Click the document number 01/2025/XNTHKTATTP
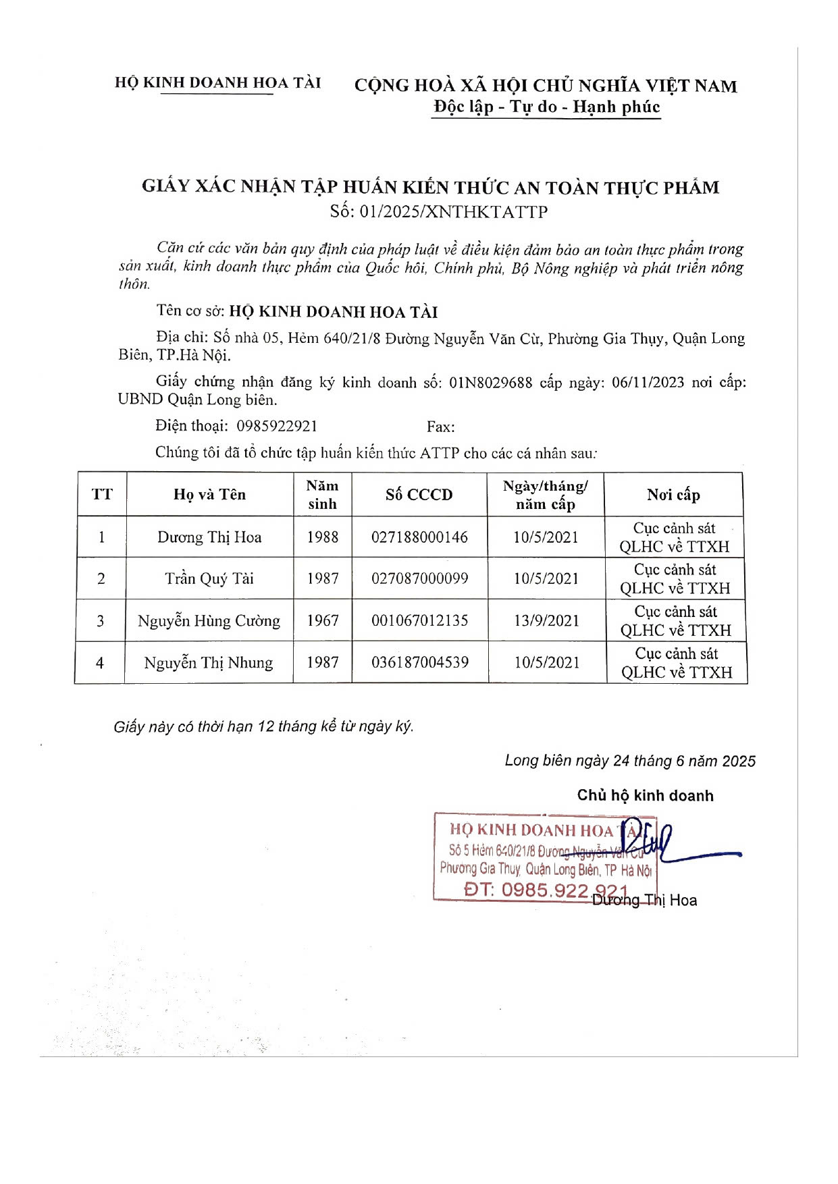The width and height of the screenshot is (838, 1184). [453, 212]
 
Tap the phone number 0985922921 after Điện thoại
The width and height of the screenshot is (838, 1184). [277, 426]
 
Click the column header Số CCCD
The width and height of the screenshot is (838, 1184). [419, 495]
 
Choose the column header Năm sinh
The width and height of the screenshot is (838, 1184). [322, 495]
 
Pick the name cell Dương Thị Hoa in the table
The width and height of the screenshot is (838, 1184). [209, 537]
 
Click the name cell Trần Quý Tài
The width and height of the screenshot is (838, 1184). [209, 578]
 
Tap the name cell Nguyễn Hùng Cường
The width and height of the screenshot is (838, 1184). [209, 621]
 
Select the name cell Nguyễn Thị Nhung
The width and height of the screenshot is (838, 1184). [209, 663]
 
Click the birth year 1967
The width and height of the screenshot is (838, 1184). [322, 621]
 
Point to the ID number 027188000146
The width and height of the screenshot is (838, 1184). [419, 537]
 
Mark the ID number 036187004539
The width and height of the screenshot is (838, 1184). [420, 663]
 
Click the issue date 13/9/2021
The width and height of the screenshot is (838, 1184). [546, 621]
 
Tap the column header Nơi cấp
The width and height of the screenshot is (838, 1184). [673, 495]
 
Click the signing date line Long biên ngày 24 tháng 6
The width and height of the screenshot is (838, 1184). [629, 761]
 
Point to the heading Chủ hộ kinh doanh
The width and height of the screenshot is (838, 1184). [645, 796]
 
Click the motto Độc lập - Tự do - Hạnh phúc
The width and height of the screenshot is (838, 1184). [546, 107]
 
